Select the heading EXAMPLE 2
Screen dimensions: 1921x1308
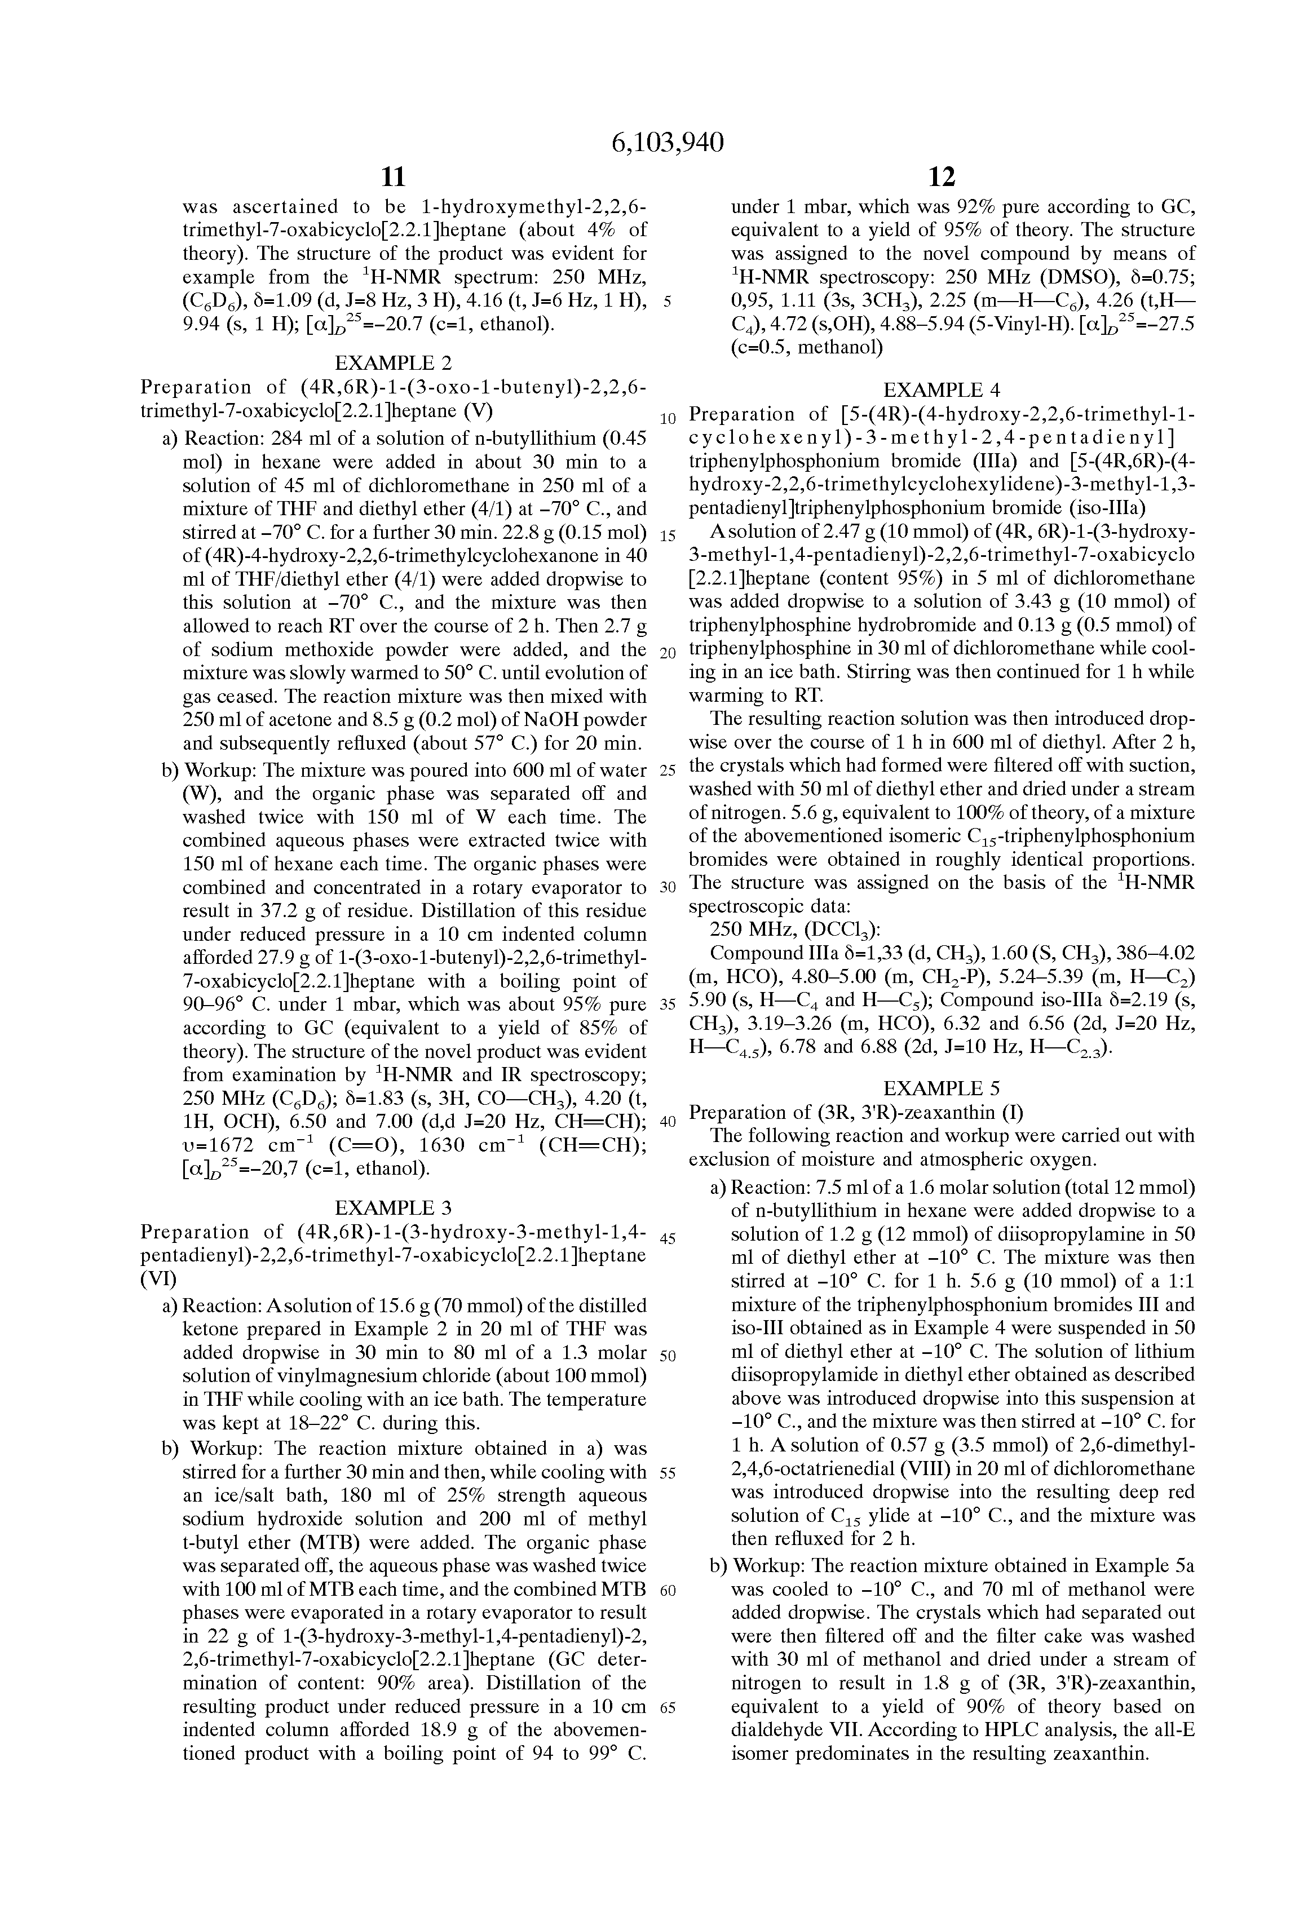[393, 362]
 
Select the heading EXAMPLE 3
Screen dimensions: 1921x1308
[393, 1207]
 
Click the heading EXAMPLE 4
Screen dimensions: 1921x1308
[942, 389]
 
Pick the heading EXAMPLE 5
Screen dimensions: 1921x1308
[942, 1088]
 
